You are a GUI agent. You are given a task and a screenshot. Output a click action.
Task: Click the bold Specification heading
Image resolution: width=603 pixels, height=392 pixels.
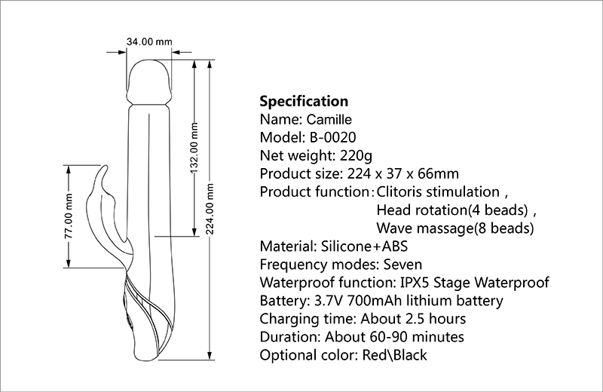[304, 101]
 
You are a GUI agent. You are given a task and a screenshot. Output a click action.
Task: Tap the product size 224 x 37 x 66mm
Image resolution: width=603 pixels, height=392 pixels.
[395, 173]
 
